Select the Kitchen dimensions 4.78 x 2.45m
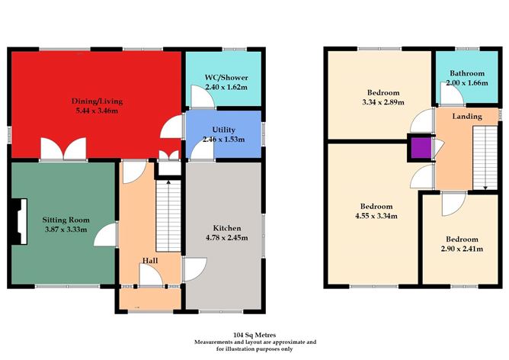[x=226, y=238]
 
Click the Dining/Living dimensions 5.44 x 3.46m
[x=97, y=111]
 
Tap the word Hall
[x=150, y=261]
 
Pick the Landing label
[x=465, y=116]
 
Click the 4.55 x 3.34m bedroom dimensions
[x=376, y=216]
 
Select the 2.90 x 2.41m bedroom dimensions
[x=463, y=248]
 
